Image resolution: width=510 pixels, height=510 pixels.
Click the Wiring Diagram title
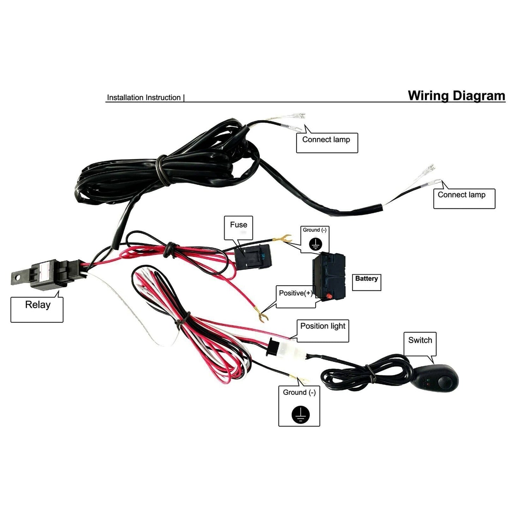(456, 96)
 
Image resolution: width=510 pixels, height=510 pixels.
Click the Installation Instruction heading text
(144, 98)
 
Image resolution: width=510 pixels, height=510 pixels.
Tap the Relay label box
(37, 309)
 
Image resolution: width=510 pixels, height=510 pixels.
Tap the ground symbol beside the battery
(315, 244)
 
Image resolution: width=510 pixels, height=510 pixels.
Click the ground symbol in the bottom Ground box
(300, 414)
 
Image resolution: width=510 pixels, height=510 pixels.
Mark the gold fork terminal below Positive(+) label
(262, 316)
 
